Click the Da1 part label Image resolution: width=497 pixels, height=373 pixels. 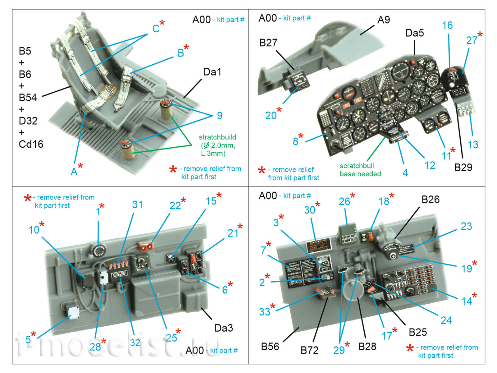click(x=212, y=72)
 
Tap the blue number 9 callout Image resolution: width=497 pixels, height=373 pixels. click(x=220, y=116)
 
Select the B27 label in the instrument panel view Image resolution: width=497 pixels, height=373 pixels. click(x=268, y=43)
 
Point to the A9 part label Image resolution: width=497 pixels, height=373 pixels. click(x=383, y=20)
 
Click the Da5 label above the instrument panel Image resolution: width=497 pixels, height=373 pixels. click(x=414, y=33)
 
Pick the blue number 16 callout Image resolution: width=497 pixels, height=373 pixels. click(x=447, y=25)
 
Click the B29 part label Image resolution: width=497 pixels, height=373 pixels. click(x=463, y=167)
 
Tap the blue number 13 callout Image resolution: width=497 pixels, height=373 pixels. click(x=473, y=145)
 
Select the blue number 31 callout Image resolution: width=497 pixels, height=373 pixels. click(x=137, y=205)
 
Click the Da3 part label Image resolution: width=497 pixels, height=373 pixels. click(x=223, y=328)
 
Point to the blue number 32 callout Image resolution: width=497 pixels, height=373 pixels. click(x=135, y=343)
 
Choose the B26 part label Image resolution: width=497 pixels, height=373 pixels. click(x=430, y=200)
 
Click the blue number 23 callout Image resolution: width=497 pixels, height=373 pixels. click(x=466, y=226)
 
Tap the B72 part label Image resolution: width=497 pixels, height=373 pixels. click(x=309, y=350)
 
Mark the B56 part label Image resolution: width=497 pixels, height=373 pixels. click(x=270, y=347)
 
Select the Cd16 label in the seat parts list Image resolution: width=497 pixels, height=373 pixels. click(x=31, y=144)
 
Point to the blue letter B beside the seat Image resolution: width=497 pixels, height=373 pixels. click(x=180, y=53)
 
